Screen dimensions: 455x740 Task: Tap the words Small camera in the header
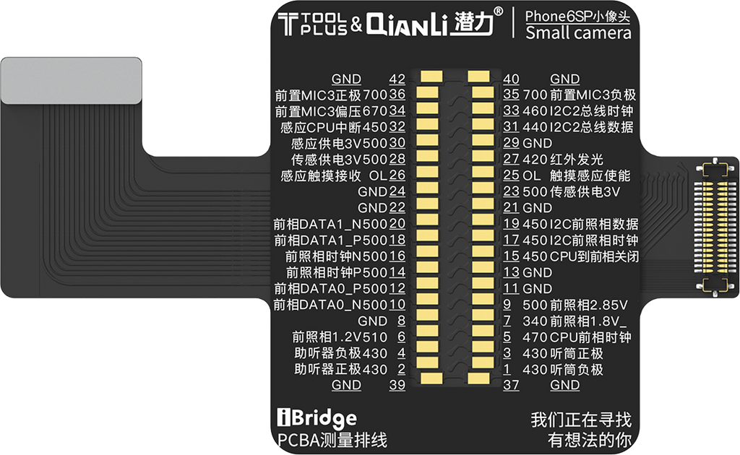(x=578, y=33)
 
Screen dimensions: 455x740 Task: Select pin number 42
(x=397, y=79)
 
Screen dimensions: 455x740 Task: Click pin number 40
(x=512, y=79)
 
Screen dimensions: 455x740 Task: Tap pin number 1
(x=507, y=369)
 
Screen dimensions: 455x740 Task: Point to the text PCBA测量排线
(x=332, y=438)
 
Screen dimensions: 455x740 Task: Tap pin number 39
(x=397, y=385)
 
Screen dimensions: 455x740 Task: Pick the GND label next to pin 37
(x=564, y=385)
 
